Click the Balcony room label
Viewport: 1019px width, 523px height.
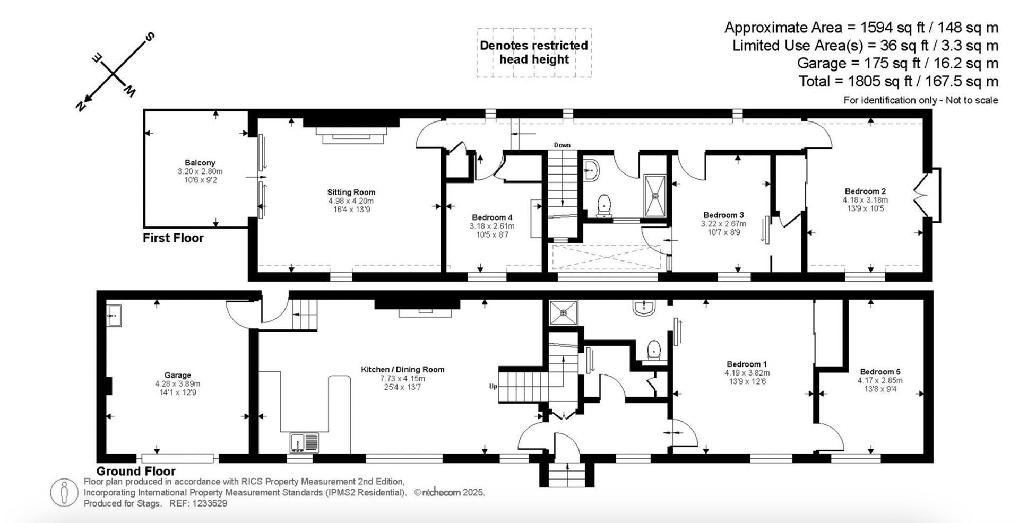(x=200, y=163)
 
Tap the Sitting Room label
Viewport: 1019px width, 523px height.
(x=351, y=193)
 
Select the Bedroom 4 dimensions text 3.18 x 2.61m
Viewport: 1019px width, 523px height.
(x=491, y=226)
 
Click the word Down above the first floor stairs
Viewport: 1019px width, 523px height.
(x=562, y=145)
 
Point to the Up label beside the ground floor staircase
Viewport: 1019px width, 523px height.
(x=493, y=386)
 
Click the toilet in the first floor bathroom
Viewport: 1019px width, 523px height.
(x=604, y=205)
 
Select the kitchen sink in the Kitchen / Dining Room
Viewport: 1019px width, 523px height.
(x=305, y=442)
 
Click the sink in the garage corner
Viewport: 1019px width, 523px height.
(x=114, y=316)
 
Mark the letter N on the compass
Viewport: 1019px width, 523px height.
(x=81, y=106)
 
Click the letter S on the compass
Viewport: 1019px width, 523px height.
(x=150, y=37)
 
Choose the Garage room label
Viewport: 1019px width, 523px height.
(x=177, y=375)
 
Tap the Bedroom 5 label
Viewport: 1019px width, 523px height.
(x=880, y=372)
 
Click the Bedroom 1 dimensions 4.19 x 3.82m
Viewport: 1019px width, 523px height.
(x=747, y=373)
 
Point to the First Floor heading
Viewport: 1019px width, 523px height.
(x=173, y=238)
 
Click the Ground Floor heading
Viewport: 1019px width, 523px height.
(x=136, y=471)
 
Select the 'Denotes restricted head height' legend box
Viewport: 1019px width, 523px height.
(x=533, y=53)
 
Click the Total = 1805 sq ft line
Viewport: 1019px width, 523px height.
(x=898, y=81)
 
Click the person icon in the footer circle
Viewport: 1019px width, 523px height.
(x=64, y=493)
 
